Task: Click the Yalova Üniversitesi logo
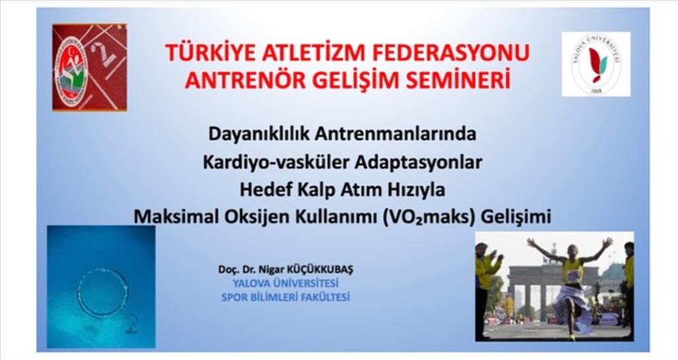tap(596, 64)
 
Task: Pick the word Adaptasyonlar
tap(418, 163)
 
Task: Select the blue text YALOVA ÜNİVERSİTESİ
tap(285, 283)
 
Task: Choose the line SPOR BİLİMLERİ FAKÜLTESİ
tap(285, 298)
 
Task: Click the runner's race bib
tap(574, 275)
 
